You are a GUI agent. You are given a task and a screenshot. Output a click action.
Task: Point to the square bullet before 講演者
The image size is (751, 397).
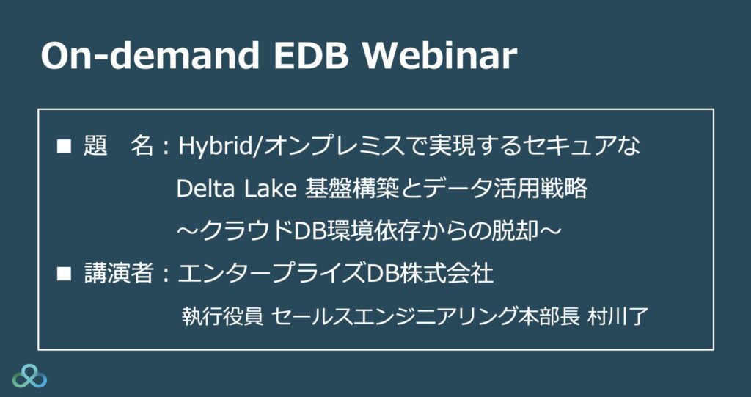[63, 274]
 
